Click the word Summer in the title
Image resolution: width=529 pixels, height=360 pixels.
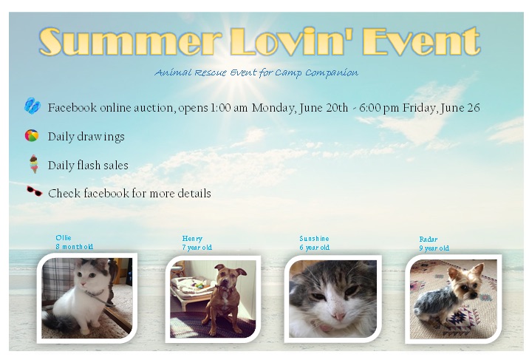[x=130, y=42]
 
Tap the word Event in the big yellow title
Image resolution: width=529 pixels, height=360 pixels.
[x=421, y=41]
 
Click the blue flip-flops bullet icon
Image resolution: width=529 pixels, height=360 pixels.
[x=33, y=106]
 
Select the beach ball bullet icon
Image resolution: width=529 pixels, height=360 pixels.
[x=32, y=135]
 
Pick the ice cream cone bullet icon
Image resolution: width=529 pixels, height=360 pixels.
[x=34, y=164]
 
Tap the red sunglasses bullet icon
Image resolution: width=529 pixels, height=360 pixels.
[x=35, y=191]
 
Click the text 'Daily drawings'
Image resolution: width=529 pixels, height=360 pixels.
[x=86, y=137]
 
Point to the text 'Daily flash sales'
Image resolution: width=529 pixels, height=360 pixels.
[x=88, y=166]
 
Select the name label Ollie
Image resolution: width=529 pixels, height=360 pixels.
[x=64, y=238]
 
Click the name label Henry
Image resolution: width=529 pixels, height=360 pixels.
[x=192, y=239]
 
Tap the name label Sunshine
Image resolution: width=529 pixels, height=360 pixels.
[x=314, y=239]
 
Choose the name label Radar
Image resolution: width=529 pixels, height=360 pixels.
[x=429, y=240]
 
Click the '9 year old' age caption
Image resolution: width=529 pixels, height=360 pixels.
[x=434, y=248]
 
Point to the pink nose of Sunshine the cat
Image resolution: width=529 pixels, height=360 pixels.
[x=338, y=316]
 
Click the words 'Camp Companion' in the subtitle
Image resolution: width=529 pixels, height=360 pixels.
[x=316, y=73]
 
